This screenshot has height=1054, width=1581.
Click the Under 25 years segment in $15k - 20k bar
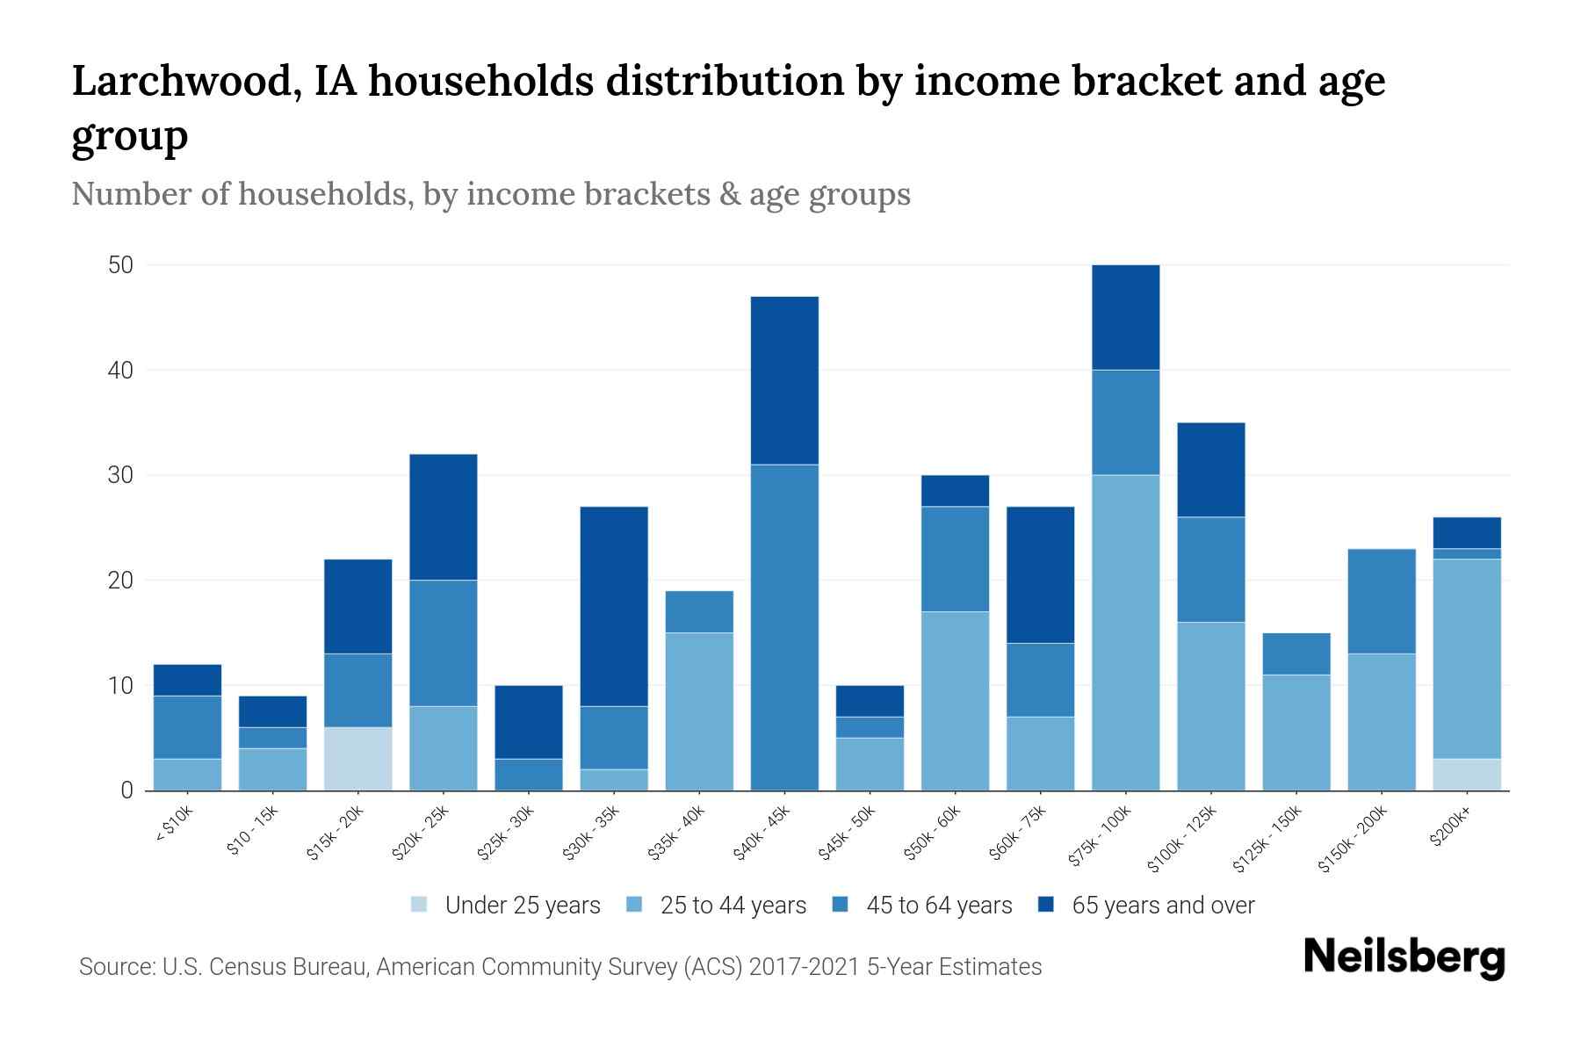click(x=357, y=759)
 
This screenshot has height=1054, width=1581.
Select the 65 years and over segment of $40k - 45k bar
click(x=784, y=380)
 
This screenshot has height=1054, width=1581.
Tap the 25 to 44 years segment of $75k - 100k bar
click(x=1125, y=632)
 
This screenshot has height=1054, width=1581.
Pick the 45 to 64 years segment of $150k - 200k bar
click(x=1382, y=602)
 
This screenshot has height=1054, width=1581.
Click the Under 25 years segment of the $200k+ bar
click(x=1467, y=775)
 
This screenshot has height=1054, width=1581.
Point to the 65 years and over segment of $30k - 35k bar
click(x=614, y=606)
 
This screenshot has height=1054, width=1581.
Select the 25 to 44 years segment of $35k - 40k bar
click(x=699, y=711)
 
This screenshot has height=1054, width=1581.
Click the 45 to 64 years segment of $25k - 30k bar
click(x=529, y=775)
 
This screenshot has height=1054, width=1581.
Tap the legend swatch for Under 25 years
click(x=420, y=905)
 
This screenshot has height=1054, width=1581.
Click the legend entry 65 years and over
click(x=1162, y=906)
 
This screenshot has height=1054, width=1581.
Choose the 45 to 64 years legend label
click(x=938, y=906)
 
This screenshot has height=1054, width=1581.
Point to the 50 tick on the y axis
click(x=120, y=265)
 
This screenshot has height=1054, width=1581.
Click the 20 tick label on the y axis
click(x=120, y=581)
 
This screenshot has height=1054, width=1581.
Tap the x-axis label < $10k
click(x=174, y=825)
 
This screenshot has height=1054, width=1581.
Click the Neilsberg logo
click(x=1404, y=957)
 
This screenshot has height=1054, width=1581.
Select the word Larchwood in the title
click(x=173, y=82)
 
